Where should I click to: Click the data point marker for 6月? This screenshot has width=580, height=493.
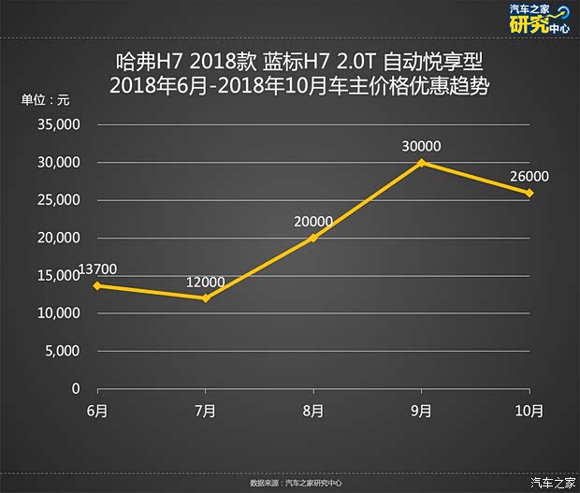(97, 285)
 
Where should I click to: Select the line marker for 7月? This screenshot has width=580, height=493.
(205, 298)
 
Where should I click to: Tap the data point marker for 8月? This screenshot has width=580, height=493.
(313, 238)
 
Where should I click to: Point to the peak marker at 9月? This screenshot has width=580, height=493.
(422, 163)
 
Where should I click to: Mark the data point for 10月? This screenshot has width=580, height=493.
(529, 193)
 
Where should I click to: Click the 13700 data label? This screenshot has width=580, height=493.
(98, 269)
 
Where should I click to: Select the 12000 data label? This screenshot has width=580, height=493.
(205, 282)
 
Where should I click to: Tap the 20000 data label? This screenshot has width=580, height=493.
(313, 222)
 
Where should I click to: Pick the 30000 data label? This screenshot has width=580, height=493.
(422, 146)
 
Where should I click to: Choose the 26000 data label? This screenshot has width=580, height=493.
(529, 176)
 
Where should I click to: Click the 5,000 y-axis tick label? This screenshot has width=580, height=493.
(65, 351)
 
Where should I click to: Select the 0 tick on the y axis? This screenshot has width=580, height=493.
(77, 388)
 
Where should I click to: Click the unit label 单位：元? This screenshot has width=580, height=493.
(46, 100)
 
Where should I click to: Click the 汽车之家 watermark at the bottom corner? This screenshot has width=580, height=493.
(553, 482)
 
